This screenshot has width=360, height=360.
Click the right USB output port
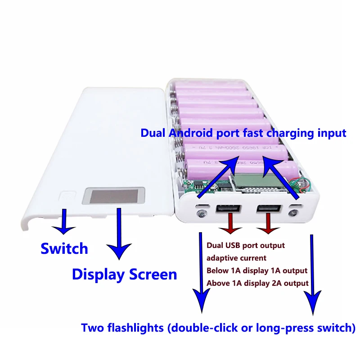tap(267, 209)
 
